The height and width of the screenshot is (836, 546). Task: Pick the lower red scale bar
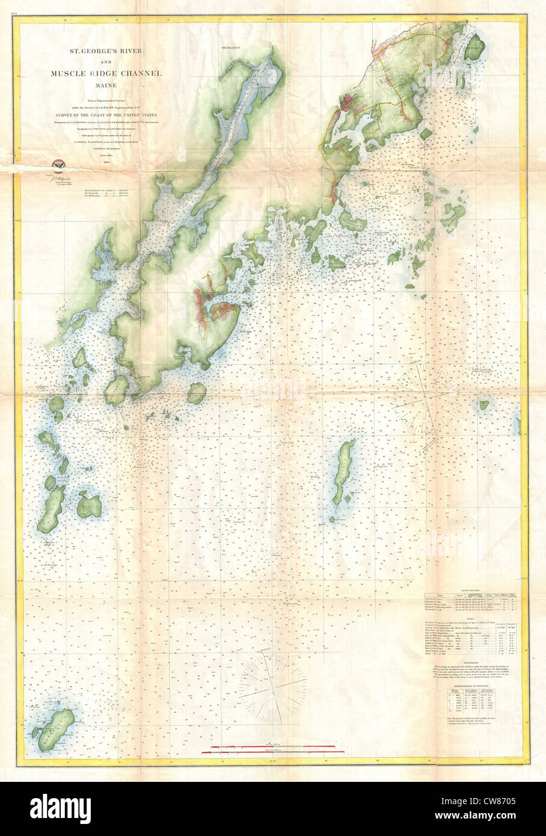277,752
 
